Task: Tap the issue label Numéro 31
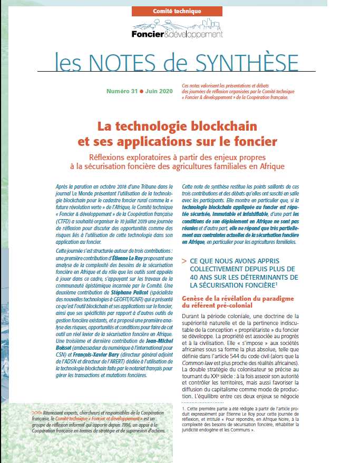pyautogui.click(x=122, y=91)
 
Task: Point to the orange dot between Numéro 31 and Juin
pyautogui.click(x=141, y=91)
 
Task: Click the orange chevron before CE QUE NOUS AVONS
pyautogui.click(x=184, y=261)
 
